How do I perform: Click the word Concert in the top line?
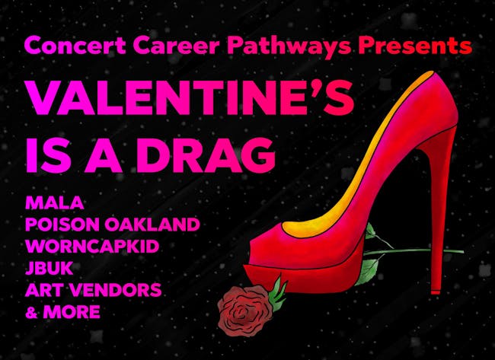click(x=75, y=46)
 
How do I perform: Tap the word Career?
click(x=177, y=46)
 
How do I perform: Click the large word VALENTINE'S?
click(x=190, y=97)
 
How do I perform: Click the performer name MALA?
click(x=55, y=203)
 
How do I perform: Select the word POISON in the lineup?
click(x=62, y=225)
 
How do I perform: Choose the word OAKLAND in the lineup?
click(x=152, y=225)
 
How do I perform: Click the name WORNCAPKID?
click(x=92, y=246)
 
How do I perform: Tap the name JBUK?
click(x=49, y=268)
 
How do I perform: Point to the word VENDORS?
click(x=116, y=290)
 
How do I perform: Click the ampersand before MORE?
click(x=31, y=312)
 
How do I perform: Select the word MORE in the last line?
click(x=72, y=312)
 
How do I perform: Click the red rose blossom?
click(x=245, y=310)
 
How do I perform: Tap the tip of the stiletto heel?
click(x=436, y=292)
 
